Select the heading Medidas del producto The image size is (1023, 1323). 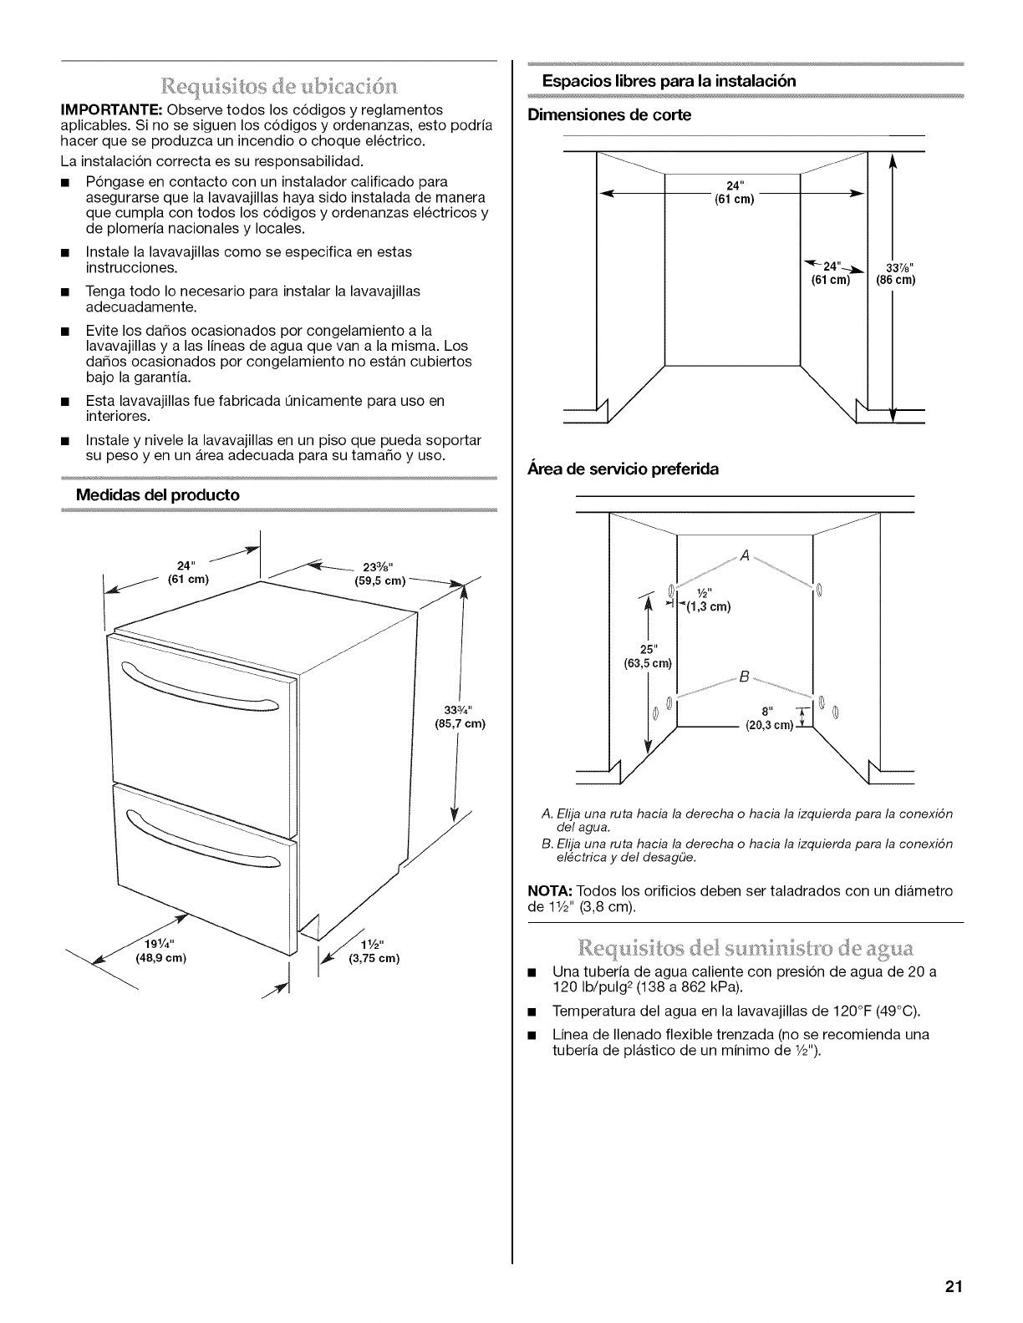[157, 494]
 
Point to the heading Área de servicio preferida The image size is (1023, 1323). [623, 469]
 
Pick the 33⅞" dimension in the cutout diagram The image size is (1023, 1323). [895, 268]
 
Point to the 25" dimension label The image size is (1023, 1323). [648, 650]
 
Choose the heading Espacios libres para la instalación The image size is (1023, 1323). [669, 81]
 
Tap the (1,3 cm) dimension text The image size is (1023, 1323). [710, 607]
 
